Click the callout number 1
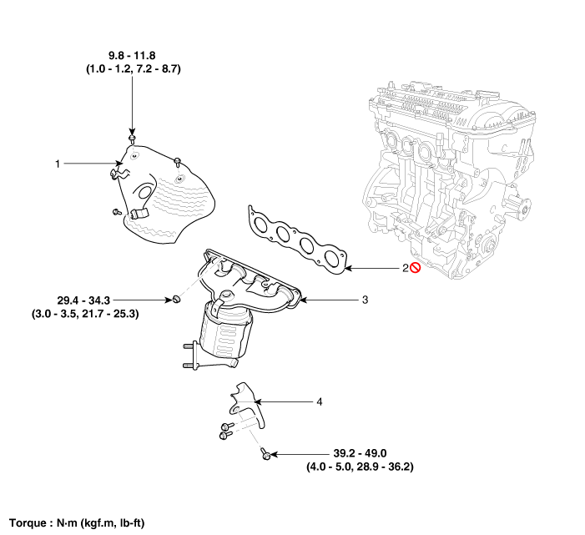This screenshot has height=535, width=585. coord(58,164)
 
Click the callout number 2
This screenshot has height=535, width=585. coord(406,268)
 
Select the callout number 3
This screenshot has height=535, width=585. coord(365,299)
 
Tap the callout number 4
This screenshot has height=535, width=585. coord(319,401)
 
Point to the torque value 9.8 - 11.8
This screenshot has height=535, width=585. coord(133,57)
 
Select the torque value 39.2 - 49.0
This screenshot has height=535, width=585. coord(360,453)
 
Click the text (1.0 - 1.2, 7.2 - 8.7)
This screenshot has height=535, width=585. coord(133,72)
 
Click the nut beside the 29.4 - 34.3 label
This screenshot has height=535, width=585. coord(177,299)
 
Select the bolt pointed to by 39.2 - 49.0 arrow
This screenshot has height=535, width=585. coord(264,454)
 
